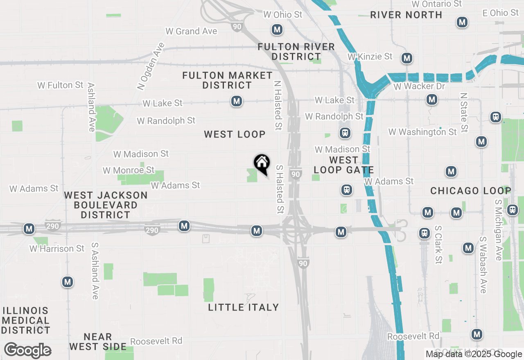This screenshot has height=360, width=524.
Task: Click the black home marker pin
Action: pyautogui.click(x=262, y=164)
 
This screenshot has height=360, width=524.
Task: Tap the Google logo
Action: pyautogui.click(x=28, y=351)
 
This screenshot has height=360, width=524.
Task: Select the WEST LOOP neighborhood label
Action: pyautogui.click(x=235, y=134)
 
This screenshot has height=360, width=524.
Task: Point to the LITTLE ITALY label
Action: pyautogui.click(x=244, y=307)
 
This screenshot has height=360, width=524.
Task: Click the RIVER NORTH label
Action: pyautogui.click(x=406, y=15)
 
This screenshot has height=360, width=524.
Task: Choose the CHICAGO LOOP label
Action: pyautogui.click(x=471, y=191)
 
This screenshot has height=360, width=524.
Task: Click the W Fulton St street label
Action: pyautogui.click(x=60, y=85)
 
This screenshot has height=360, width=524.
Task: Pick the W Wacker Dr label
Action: pyautogui.click(x=419, y=86)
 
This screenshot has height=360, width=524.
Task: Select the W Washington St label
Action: pyautogui.click(x=422, y=132)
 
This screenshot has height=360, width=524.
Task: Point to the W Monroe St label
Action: pyautogui.click(x=129, y=170)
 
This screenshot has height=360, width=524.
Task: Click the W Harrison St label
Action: pyautogui.click(x=57, y=248)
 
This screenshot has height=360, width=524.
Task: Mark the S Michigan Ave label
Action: pyautogui.click(x=498, y=230)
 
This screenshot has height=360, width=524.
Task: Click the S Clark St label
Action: pyautogui.click(x=438, y=244)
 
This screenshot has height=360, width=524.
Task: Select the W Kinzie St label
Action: pyautogui.click(x=370, y=56)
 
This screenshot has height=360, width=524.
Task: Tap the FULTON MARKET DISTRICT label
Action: pyautogui.click(x=227, y=80)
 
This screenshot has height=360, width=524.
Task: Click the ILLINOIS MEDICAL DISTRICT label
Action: pyautogui.click(x=25, y=320)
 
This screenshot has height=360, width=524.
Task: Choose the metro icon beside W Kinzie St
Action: pyautogui.click(x=407, y=58)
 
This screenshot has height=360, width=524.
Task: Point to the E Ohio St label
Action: pyautogui.click(x=501, y=13)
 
